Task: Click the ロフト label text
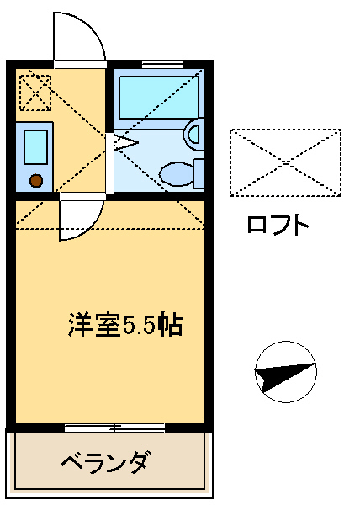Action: click(278, 224)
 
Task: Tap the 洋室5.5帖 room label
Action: click(125, 324)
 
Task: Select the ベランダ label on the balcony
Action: click(105, 463)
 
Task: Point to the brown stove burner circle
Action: click(36, 180)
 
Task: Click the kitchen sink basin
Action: click(35, 146)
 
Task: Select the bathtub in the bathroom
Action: click(159, 98)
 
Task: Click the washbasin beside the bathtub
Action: click(194, 135)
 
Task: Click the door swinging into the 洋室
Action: click(81, 221)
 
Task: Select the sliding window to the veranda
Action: click(115, 428)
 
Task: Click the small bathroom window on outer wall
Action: click(162, 64)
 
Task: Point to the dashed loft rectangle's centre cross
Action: click(286, 162)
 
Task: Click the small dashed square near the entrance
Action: click(35, 93)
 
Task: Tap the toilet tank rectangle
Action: click(199, 173)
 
